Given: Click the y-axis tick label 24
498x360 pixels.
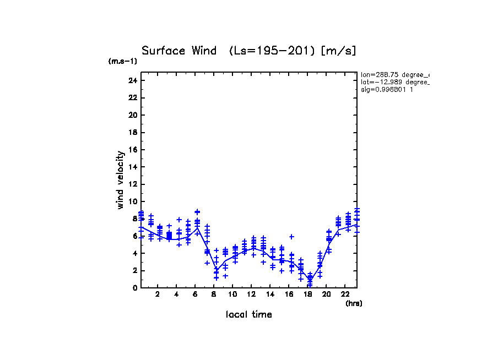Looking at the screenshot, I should pos(133,80).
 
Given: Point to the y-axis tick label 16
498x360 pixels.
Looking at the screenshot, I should pos(133,150).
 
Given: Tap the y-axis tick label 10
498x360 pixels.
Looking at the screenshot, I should pos(133,201).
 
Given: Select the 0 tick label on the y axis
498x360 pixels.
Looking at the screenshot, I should pos(134,288).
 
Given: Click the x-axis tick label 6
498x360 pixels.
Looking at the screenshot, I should pos(195,294).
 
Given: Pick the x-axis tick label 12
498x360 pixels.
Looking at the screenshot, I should pos(252,294).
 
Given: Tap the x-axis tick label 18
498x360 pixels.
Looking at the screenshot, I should pos(308,294).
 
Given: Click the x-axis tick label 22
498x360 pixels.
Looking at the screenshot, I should pos(345,294).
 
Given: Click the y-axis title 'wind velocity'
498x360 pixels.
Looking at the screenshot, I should pos(120,180).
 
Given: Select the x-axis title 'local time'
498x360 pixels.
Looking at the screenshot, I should pos(249,315).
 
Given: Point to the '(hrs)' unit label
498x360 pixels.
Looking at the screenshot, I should pos(353,303).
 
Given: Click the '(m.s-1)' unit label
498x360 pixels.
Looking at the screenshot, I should pos(122,61).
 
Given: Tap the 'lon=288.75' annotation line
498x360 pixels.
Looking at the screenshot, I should pos(394,74).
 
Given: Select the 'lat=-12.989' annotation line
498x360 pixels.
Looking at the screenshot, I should pos(394,81).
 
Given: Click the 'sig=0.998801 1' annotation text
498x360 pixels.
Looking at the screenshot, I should pos(387,89).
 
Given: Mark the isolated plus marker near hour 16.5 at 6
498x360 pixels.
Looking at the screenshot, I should pos(292,237).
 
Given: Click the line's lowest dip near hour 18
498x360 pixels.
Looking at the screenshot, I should pos(310,280).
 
